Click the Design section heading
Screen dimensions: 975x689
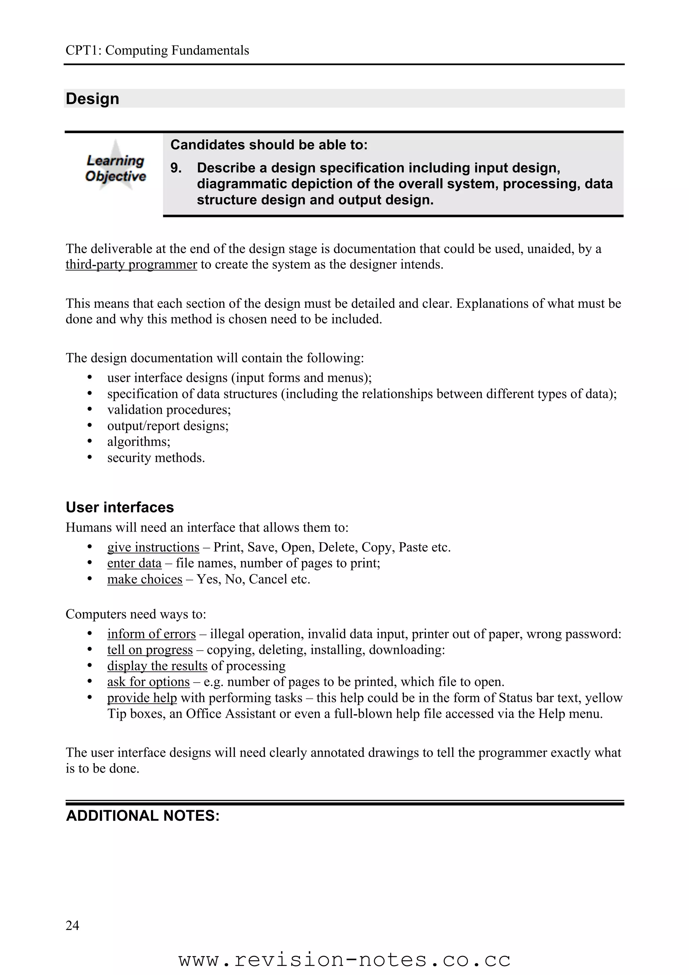pos(93,99)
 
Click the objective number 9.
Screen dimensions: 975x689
pos(175,168)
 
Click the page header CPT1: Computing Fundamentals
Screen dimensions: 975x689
pos(157,50)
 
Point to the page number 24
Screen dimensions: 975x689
pos(72,925)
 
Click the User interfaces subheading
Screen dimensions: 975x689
pos(120,507)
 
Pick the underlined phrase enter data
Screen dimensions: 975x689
pos(134,563)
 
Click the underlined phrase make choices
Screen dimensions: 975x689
pos(144,579)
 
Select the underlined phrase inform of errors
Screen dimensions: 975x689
pos(151,634)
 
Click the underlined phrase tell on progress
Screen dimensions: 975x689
pos(149,650)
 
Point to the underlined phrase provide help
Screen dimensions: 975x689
pos(142,698)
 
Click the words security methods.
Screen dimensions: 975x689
pos(156,458)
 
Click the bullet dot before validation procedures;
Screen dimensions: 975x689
pos(89,409)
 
